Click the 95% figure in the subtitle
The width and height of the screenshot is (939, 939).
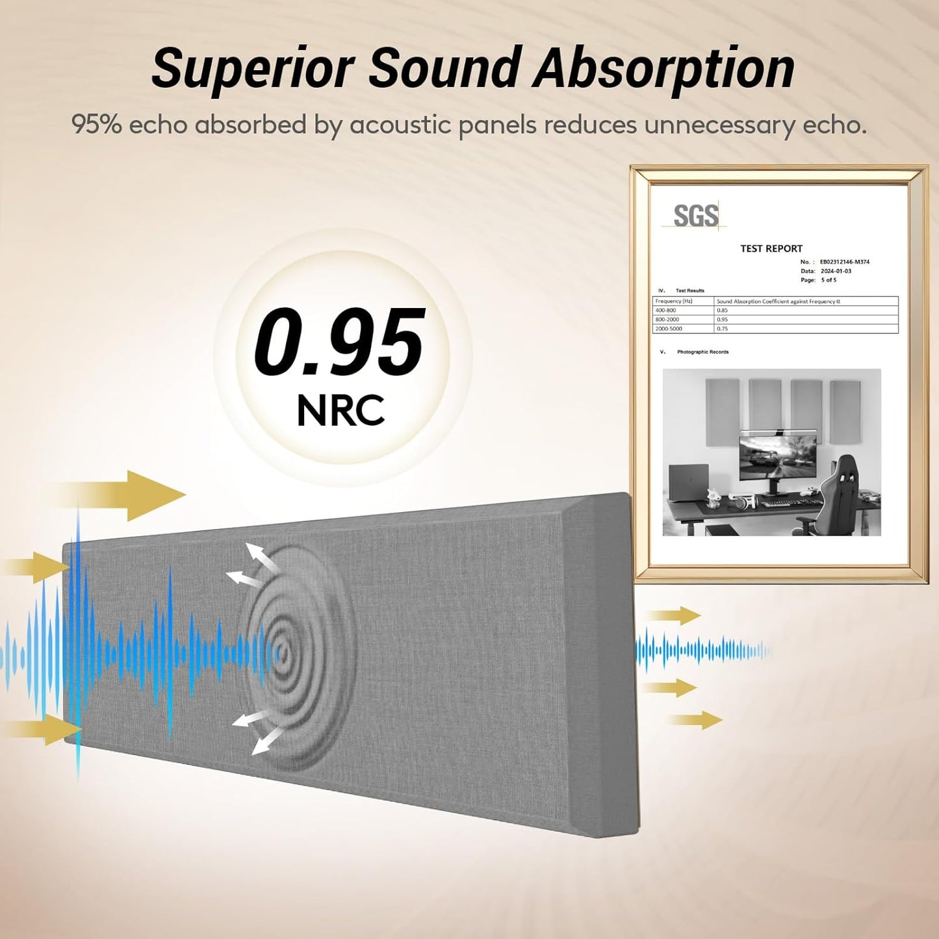coord(96,123)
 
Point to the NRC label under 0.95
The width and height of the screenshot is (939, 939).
coord(341,410)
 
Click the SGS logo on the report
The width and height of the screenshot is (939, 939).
coord(695,216)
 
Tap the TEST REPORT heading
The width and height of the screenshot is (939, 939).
coord(771,248)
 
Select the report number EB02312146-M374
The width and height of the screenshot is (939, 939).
coord(844,262)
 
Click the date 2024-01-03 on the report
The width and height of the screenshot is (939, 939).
coord(836,271)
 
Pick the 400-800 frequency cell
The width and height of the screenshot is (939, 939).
coord(665,311)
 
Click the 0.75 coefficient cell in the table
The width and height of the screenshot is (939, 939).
coord(722,329)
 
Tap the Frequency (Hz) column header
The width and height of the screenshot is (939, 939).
coord(674,302)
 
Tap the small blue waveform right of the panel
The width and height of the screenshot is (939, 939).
coord(702,650)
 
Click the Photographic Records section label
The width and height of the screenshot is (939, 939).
coord(702,352)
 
